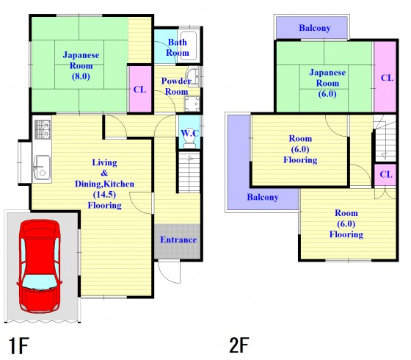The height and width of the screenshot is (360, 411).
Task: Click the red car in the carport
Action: (x=40, y=266)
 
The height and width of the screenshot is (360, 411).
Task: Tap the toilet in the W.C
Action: (x=189, y=142)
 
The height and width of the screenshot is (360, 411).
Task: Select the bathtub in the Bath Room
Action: (x=189, y=46)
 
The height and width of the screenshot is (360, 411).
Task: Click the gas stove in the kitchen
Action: (x=43, y=129)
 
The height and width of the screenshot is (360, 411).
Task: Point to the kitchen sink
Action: (x=42, y=168)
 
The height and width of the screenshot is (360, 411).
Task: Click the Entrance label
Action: (x=178, y=240)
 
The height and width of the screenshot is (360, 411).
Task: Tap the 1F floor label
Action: (x=18, y=346)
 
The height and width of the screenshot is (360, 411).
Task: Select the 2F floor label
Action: (x=239, y=345)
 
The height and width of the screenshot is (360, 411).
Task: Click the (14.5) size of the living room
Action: (x=104, y=195)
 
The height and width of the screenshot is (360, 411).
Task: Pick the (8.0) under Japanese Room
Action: (x=81, y=76)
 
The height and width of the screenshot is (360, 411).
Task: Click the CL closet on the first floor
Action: (x=140, y=89)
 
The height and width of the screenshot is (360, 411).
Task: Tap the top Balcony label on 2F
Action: (x=315, y=28)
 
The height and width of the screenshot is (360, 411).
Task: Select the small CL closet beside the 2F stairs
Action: (x=385, y=175)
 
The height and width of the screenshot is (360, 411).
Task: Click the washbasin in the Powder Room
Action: (x=194, y=76)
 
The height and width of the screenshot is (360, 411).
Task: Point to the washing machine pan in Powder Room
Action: (x=192, y=104)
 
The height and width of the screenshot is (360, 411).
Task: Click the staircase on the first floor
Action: (x=189, y=173)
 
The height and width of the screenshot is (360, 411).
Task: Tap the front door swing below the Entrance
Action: (x=170, y=272)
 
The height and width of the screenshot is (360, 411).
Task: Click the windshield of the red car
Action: (x=40, y=282)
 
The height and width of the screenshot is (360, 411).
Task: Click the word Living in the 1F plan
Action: (x=104, y=162)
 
